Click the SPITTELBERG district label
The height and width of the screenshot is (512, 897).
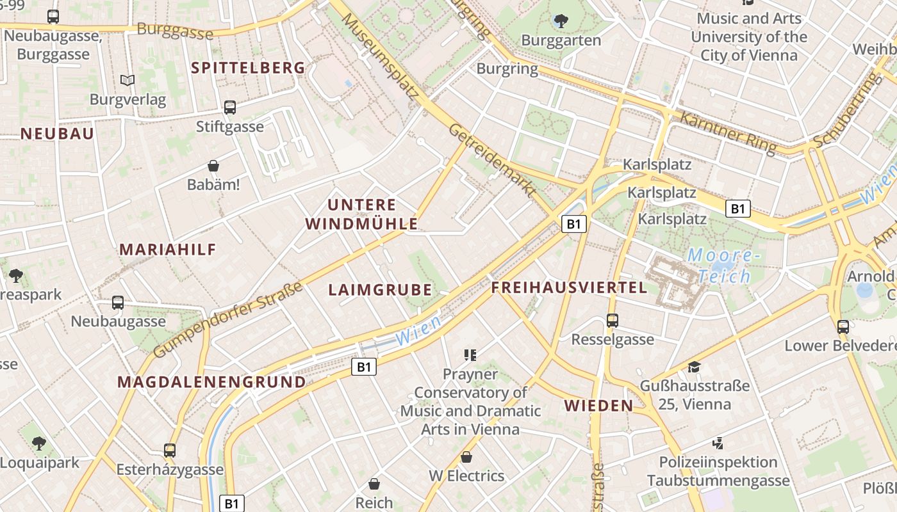click(x=248, y=68)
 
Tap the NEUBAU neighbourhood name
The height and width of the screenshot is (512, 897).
click(x=57, y=134)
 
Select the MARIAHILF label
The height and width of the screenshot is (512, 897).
click(x=168, y=250)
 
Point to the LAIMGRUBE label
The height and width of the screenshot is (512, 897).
click(x=380, y=290)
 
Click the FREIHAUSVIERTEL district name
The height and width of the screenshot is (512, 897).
click(x=569, y=288)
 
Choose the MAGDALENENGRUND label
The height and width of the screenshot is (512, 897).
click(x=211, y=382)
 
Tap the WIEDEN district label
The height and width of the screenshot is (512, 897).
click(x=598, y=405)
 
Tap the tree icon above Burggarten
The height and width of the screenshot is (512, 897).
click(x=561, y=21)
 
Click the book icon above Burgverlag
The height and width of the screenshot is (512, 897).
click(x=128, y=80)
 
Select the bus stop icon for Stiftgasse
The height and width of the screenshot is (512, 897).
click(x=230, y=108)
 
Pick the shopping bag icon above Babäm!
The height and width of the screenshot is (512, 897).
click(x=213, y=166)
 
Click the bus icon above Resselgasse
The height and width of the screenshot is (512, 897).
click(x=613, y=320)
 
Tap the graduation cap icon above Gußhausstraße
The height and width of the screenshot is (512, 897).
click(x=694, y=367)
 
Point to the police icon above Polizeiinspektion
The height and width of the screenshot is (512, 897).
click(x=718, y=442)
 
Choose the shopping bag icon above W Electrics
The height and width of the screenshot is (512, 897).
click(x=466, y=457)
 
